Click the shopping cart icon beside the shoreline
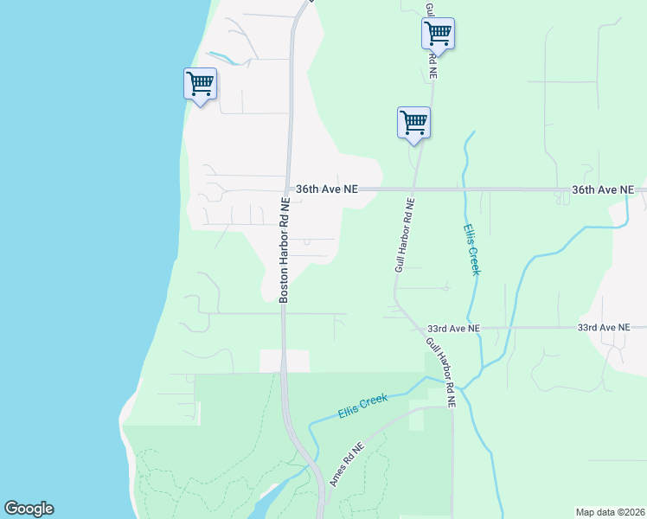coord(200,85)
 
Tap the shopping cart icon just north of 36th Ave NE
coord(413,122)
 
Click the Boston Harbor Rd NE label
coord(284,249)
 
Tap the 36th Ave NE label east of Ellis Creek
coord(602,189)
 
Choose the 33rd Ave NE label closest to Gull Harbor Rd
coord(453,330)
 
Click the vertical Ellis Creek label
coord(471,249)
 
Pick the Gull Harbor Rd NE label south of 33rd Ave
coord(439,371)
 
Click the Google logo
coord(29,509)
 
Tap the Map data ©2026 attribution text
coord(610,511)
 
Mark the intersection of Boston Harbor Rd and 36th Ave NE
coord(286,189)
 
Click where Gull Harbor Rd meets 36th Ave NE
coord(413,189)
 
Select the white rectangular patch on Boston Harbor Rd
coord(285,361)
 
